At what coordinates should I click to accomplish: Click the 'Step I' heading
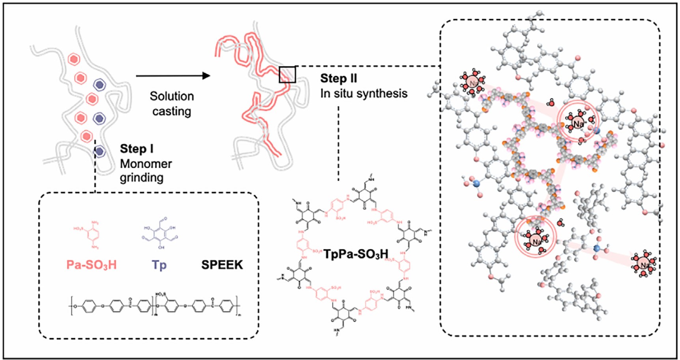[x=137, y=149]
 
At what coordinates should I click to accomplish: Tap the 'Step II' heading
[x=338, y=79]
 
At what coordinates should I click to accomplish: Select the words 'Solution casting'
[x=172, y=104]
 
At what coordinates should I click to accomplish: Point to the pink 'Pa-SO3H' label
[x=91, y=264]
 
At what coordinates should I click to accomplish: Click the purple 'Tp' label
[x=159, y=264]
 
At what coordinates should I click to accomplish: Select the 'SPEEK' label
[x=222, y=264]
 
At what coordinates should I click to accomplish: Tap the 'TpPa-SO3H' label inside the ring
[x=356, y=254]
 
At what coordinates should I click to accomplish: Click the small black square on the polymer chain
[x=287, y=75]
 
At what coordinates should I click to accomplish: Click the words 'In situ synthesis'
[x=363, y=94]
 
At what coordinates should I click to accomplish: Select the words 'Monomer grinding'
[x=146, y=171]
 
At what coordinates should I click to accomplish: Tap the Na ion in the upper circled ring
[x=578, y=124]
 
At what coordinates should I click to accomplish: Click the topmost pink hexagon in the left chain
[x=73, y=59]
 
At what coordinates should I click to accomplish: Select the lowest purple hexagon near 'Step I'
[x=99, y=151]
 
